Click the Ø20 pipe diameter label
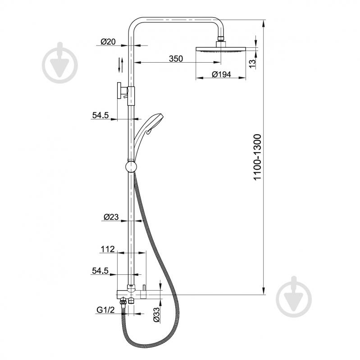click(108, 42)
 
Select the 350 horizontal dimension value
click(176, 59)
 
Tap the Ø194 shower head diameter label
click(221, 74)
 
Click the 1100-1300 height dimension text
click(257, 158)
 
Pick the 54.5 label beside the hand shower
click(100, 115)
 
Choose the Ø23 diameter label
click(111, 217)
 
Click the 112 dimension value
click(108, 249)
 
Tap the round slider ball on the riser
click(130, 167)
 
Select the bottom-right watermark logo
click(294, 294)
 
